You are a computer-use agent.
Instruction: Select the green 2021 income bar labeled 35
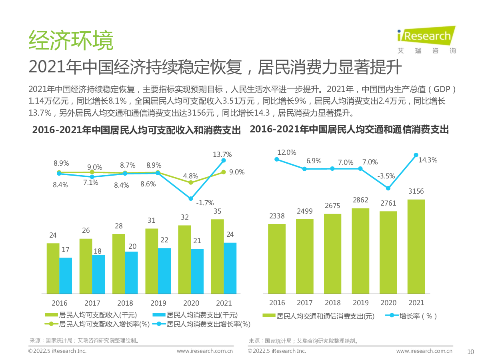click(217, 256)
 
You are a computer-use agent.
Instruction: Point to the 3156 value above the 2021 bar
click(416, 192)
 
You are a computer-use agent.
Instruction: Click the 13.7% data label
click(222, 154)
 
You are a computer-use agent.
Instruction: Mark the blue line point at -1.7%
click(191, 198)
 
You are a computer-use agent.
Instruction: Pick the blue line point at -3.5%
click(388, 188)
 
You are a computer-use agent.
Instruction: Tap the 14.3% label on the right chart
click(428, 160)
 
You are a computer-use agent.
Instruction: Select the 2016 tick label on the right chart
click(277, 303)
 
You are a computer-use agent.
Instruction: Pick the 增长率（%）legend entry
click(412, 316)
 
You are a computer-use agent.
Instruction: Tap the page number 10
click(470, 352)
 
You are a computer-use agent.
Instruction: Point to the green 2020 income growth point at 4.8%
click(191, 182)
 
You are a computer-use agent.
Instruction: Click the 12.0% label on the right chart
click(287, 152)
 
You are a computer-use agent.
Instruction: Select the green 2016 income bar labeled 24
click(53, 268)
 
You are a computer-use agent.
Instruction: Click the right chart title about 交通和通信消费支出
click(349, 130)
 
